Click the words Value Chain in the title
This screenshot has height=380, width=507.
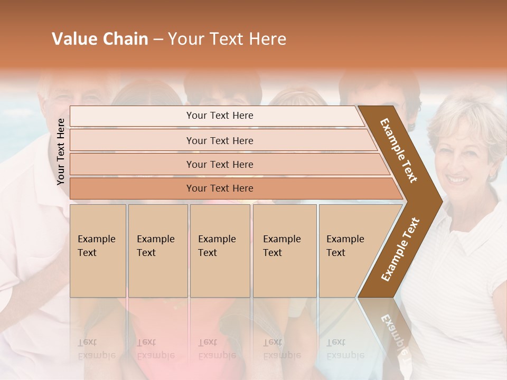point(100,39)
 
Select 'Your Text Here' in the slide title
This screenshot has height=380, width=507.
point(227,39)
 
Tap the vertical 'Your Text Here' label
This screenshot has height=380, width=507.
point(61,151)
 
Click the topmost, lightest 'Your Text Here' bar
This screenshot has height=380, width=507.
point(219,116)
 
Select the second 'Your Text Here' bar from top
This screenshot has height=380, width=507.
point(219,140)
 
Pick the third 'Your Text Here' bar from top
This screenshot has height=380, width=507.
point(219,164)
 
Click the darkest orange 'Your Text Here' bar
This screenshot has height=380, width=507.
point(219,188)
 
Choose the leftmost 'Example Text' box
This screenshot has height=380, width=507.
point(98,251)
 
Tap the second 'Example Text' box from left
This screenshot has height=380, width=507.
point(157,251)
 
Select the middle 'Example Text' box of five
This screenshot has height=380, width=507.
point(220,251)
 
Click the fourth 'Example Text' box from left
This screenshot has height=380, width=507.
point(284,251)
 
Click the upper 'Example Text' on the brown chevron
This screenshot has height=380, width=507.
point(399,150)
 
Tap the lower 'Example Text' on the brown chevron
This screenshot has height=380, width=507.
point(400,249)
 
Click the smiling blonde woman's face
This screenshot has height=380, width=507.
point(459,158)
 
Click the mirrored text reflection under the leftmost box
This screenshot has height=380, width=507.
point(96,348)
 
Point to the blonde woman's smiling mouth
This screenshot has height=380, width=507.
point(457,179)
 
